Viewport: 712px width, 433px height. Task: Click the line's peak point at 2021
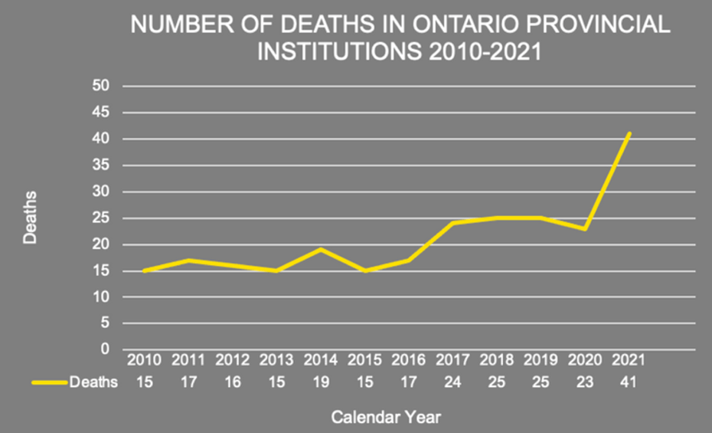coord(629,133)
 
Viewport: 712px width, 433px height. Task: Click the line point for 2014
coord(320,249)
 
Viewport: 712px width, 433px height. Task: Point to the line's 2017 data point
coord(452,223)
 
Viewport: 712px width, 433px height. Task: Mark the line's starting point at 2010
coord(143,271)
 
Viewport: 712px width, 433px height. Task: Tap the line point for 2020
coord(585,228)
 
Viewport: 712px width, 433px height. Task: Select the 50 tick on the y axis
coord(100,87)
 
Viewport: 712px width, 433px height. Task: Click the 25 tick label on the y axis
coord(100,218)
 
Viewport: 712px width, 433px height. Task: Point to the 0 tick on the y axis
coord(104,349)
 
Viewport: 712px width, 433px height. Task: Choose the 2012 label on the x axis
coord(231,360)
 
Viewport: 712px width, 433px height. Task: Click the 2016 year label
coord(408,360)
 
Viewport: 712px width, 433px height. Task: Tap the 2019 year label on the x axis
coord(541,360)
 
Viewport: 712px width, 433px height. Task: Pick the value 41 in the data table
coord(629,382)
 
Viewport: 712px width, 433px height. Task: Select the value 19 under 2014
coord(320,382)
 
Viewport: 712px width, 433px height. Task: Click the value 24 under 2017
coord(452,382)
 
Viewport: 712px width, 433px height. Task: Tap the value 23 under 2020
coord(585,382)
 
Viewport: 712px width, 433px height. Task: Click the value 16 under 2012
coord(231,382)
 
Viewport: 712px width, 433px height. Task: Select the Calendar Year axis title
coord(386,417)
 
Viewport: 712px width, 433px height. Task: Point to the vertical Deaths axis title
coord(30,218)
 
